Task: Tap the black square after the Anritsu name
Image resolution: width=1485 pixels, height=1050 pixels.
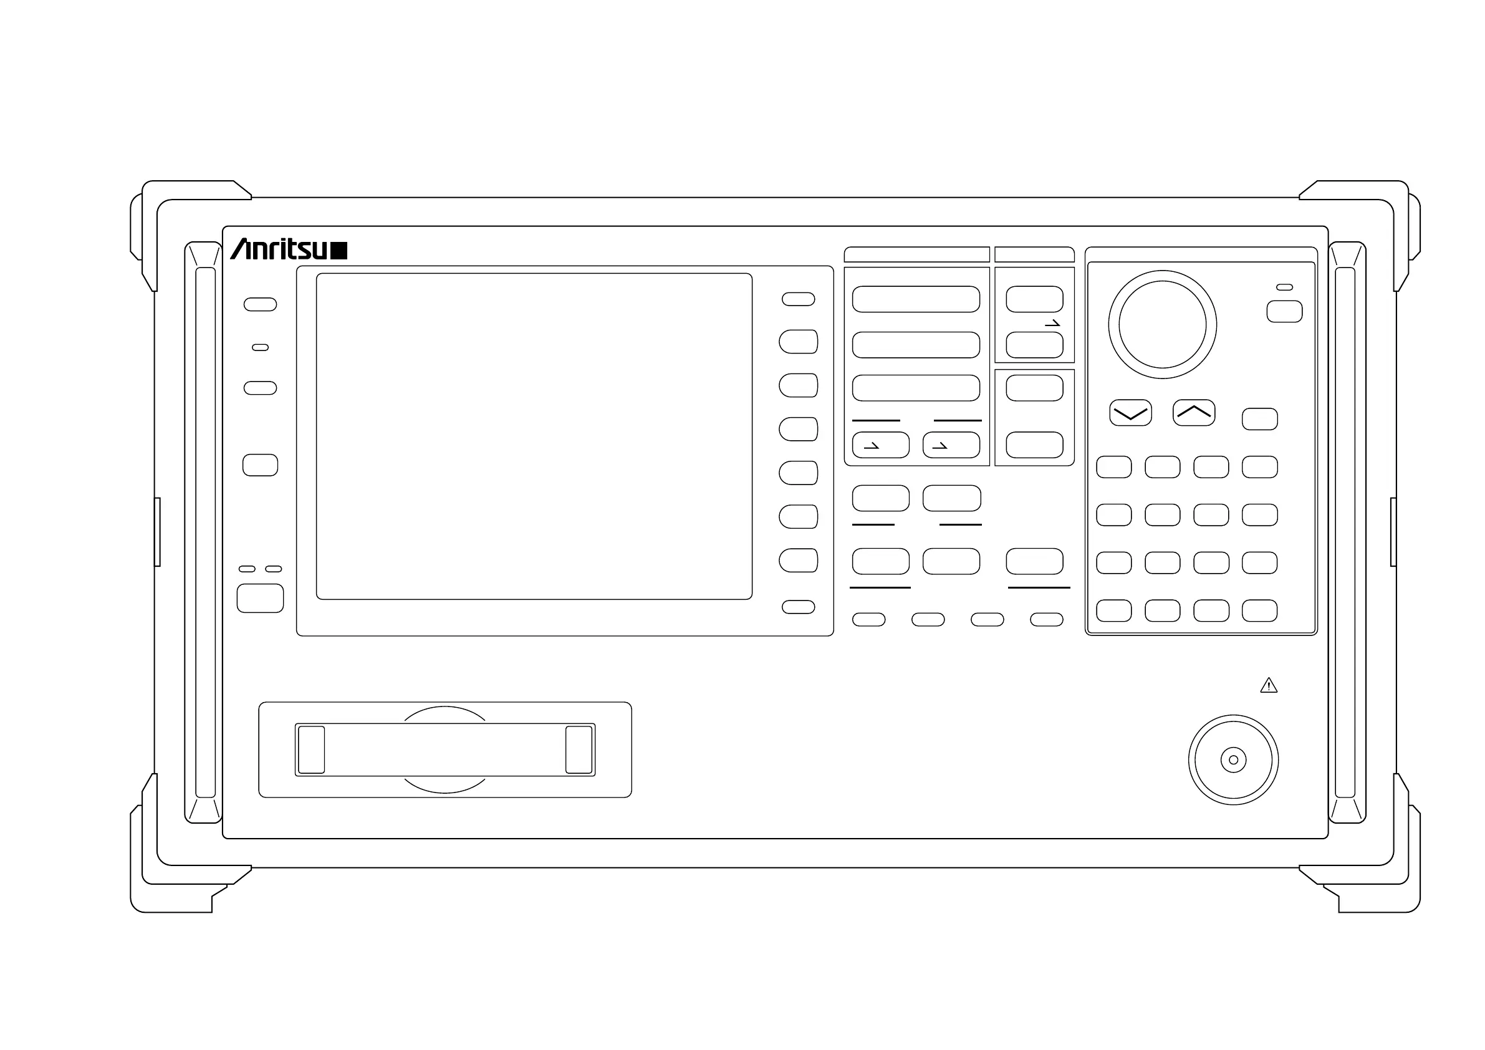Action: coord(339,251)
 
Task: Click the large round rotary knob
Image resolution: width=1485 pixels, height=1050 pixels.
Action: coord(1161,324)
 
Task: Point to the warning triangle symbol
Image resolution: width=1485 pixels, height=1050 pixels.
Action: coord(1268,686)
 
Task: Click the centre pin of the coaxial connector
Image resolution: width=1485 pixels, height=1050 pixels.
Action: coord(1233,759)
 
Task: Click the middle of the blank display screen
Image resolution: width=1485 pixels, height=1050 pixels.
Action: coord(534,436)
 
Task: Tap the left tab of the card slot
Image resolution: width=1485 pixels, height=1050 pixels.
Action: coord(311,749)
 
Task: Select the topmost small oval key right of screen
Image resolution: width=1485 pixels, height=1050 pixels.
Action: coord(798,299)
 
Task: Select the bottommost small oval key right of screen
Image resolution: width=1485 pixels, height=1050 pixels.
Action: coord(798,607)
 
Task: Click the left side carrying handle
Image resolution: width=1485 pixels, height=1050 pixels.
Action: coord(205,532)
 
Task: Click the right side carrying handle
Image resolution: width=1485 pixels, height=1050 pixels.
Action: coord(1345,532)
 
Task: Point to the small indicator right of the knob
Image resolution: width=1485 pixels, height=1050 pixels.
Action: coord(1284,287)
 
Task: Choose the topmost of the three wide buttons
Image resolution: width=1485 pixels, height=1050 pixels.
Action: coord(915,299)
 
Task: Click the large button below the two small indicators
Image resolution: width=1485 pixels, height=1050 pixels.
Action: coord(260,598)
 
